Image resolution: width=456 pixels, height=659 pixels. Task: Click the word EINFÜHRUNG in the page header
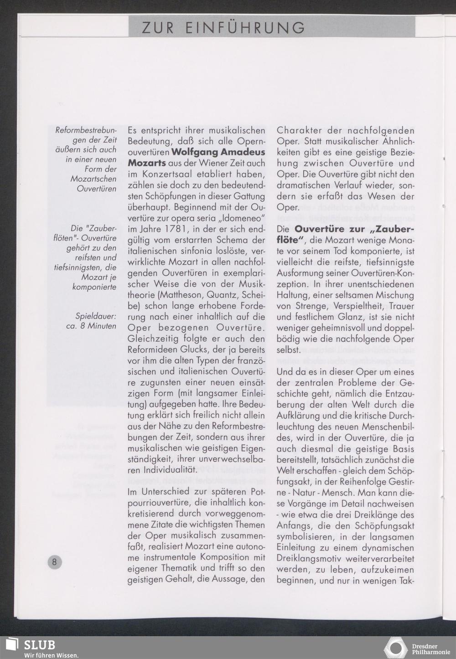(245, 28)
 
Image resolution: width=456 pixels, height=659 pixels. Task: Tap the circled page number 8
(54, 561)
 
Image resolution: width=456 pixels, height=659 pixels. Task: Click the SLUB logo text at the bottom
(40, 645)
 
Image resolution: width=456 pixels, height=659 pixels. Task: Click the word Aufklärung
(298, 416)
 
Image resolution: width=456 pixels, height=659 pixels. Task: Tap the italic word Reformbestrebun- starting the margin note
(86, 130)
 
